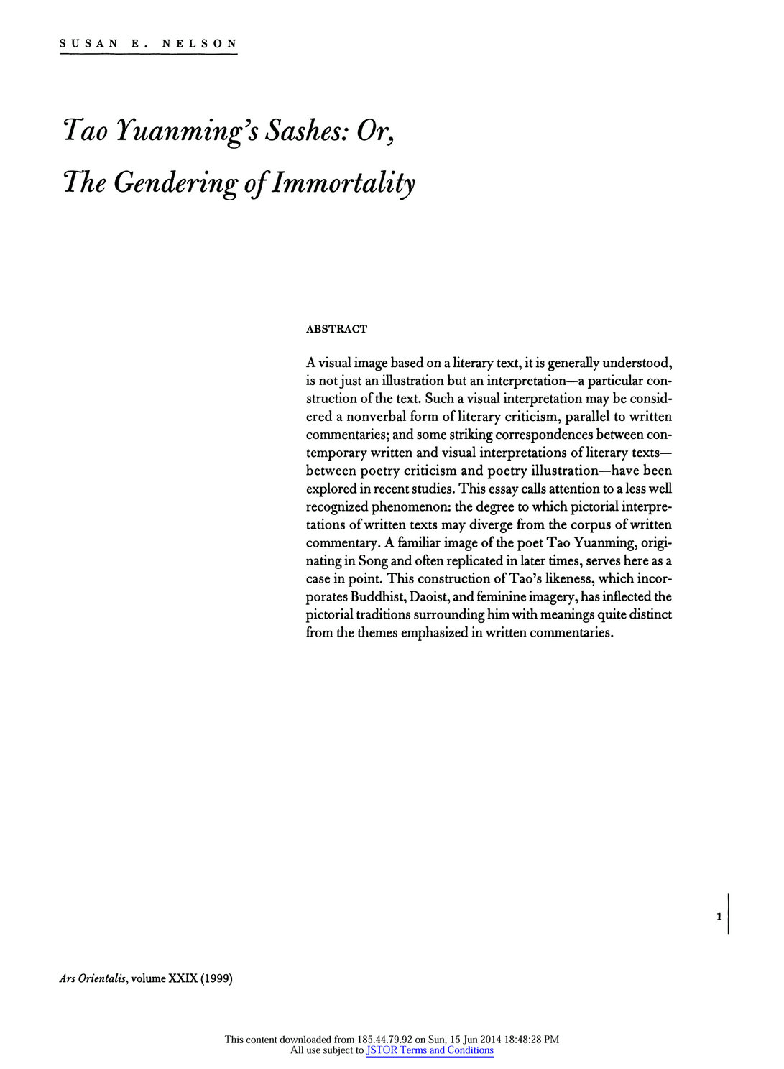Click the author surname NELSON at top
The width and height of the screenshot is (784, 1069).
click(x=199, y=43)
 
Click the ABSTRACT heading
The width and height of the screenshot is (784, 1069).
click(x=336, y=329)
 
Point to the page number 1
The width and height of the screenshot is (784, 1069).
click(x=719, y=917)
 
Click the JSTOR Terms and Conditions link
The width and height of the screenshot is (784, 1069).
click(x=430, y=1050)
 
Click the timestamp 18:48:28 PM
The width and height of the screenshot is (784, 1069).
click(x=525, y=1039)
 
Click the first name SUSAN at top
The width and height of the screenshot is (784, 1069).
click(x=88, y=43)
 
